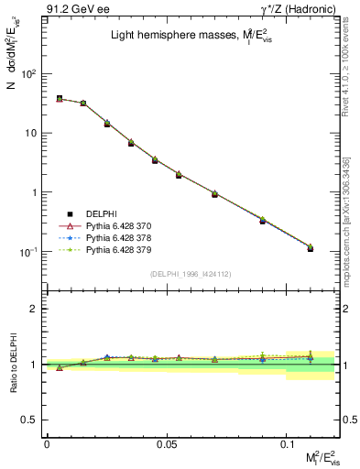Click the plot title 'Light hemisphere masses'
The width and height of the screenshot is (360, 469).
pyautogui.click(x=183, y=37)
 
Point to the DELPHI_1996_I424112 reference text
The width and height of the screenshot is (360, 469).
pyautogui.click(x=191, y=274)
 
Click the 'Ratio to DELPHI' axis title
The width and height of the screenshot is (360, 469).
pyautogui.click(x=16, y=364)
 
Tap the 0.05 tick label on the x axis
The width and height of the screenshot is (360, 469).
pyautogui.click(x=167, y=443)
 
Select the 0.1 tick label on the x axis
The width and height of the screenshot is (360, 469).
pyautogui.click(x=287, y=443)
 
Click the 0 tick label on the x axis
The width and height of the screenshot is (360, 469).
pyautogui.click(x=47, y=443)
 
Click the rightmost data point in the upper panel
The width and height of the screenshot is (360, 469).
pyautogui.click(x=311, y=248)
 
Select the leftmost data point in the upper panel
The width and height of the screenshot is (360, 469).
pyautogui.click(x=60, y=98)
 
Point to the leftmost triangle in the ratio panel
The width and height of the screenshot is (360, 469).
pyautogui.click(x=60, y=367)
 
